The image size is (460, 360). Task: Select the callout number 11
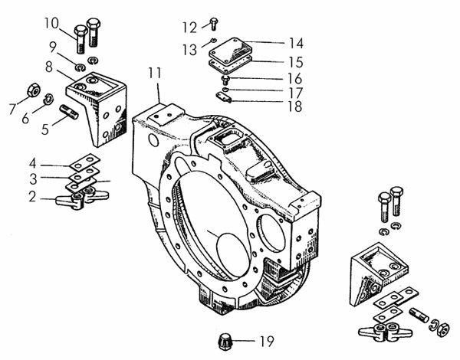tap(155, 74)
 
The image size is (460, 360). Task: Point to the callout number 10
tap(50, 21)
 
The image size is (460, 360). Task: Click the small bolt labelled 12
tap(212, 27)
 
